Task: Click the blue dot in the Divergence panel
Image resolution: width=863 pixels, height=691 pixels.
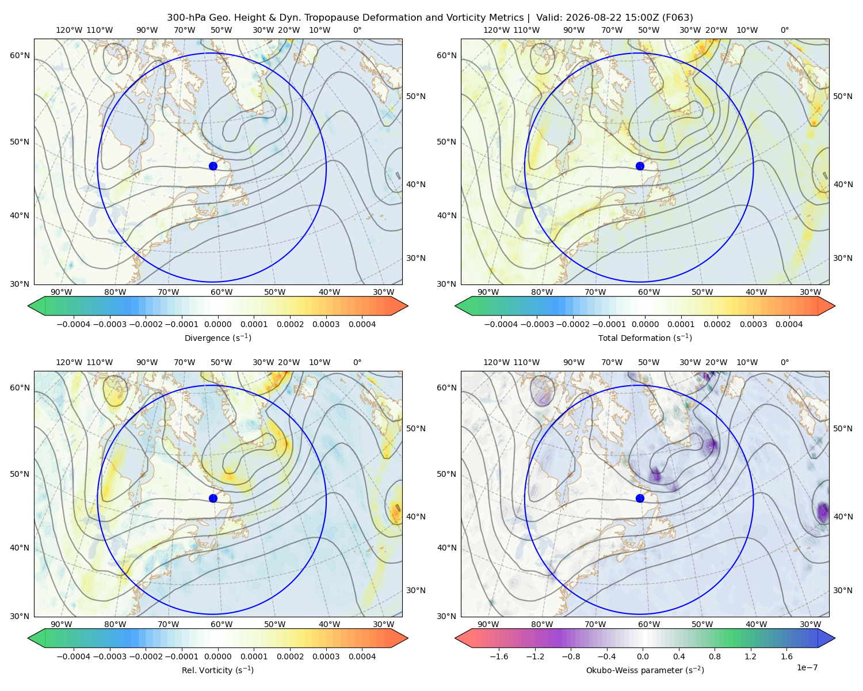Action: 213,166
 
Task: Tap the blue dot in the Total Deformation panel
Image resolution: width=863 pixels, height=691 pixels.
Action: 640,166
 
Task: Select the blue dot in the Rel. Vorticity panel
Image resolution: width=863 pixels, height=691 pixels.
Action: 213,498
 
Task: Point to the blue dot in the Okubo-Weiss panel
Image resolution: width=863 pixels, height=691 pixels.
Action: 640,498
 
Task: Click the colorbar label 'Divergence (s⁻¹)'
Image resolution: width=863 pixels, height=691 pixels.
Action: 217,337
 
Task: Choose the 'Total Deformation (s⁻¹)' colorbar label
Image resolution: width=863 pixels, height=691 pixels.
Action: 645,337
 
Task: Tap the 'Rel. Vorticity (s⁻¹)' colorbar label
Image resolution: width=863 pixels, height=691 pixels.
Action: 217,670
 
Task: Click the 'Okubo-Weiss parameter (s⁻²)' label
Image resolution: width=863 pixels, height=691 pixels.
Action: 645,670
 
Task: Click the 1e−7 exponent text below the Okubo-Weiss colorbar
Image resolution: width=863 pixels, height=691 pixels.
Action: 807,667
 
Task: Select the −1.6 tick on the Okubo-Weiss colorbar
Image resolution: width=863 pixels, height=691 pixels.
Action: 499,656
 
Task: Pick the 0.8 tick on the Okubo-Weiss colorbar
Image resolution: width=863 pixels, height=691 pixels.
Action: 715,656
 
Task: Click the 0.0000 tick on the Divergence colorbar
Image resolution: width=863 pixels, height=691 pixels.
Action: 217,324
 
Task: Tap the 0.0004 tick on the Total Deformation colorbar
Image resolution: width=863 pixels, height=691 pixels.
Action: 789,324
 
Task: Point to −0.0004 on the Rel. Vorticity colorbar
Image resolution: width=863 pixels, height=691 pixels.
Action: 74,656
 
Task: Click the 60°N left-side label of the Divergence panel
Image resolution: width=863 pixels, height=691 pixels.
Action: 20,55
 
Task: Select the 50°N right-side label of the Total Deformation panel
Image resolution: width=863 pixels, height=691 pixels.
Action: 842,96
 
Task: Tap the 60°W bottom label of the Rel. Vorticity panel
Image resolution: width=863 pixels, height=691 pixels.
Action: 222,624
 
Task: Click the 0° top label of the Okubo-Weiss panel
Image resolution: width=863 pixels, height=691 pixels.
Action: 784,362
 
